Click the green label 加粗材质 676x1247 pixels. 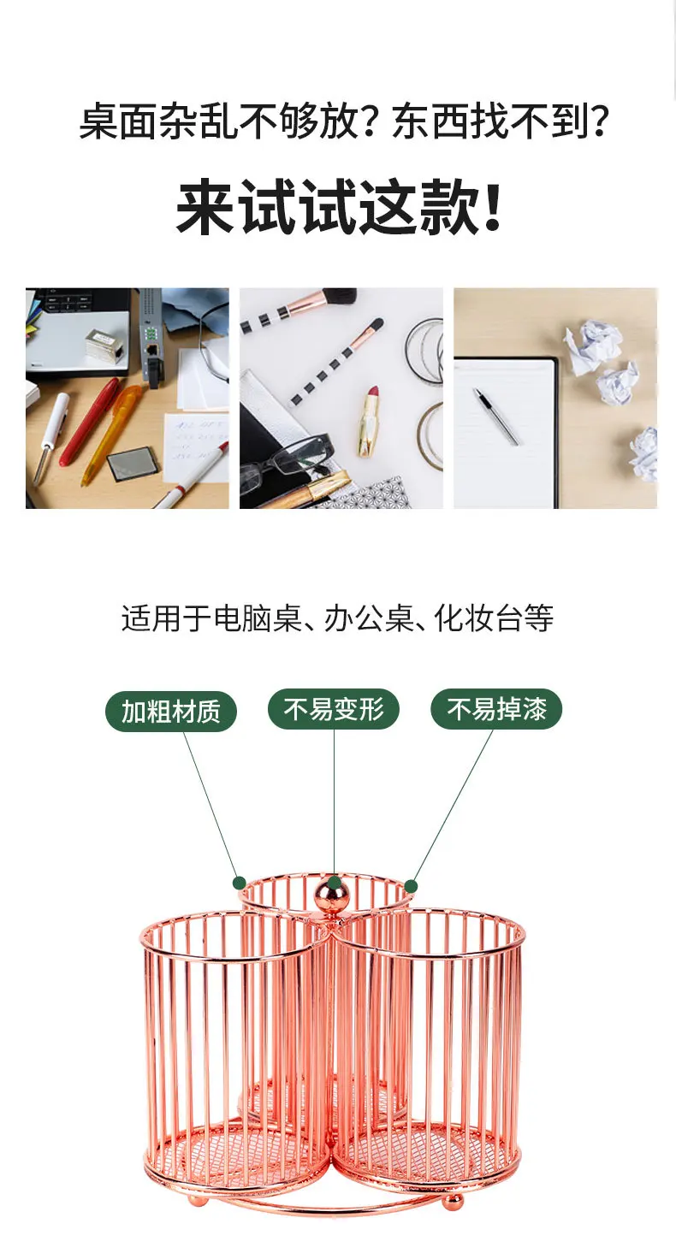tap(171, 711)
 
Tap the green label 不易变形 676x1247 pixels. tap(334, 709)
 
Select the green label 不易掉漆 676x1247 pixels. tap(496, 709)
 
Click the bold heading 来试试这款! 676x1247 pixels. tap(338, 207)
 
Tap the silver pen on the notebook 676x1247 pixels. tap(495, 416)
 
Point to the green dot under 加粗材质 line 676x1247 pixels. tap(240, 883)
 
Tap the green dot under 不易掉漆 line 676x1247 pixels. tap(411, 886)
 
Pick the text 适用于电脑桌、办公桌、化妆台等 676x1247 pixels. tap(337, 618)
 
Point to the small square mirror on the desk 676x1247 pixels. tap(133, 464)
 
